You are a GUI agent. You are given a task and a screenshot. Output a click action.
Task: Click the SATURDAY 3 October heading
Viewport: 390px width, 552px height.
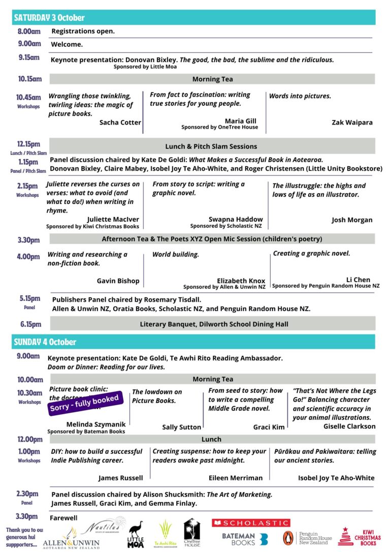tap(49, 18)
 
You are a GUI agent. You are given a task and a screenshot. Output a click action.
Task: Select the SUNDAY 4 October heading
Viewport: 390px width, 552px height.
tap(45, 342)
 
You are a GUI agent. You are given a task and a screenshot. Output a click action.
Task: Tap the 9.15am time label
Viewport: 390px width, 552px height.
tap(29, 57)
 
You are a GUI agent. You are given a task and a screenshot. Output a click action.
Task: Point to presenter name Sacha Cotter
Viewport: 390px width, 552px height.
tap(120, 122)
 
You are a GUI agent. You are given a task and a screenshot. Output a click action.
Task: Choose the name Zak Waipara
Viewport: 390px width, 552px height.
tap(352, 122)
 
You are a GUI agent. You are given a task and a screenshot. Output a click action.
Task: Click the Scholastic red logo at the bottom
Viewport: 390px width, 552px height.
tap(251, 523)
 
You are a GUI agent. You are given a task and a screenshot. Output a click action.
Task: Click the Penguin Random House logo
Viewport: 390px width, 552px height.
tap(307, 538)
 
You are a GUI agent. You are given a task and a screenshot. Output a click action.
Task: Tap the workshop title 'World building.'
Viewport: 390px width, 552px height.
tap(176, 254)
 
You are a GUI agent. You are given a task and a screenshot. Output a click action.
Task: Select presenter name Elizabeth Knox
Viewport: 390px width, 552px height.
tap(241, 281)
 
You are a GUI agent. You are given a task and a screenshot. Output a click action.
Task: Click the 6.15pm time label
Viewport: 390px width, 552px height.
tap(31, 324)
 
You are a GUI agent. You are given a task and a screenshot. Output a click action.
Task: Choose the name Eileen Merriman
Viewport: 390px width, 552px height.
tap(235, 478)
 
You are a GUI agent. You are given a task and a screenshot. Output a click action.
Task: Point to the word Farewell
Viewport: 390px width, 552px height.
tap(63, 518)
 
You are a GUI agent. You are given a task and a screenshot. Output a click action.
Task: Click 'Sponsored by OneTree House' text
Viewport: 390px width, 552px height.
tap(219, 127)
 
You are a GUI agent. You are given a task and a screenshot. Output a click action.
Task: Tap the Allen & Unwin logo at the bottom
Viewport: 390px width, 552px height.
tap(75, 540)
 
